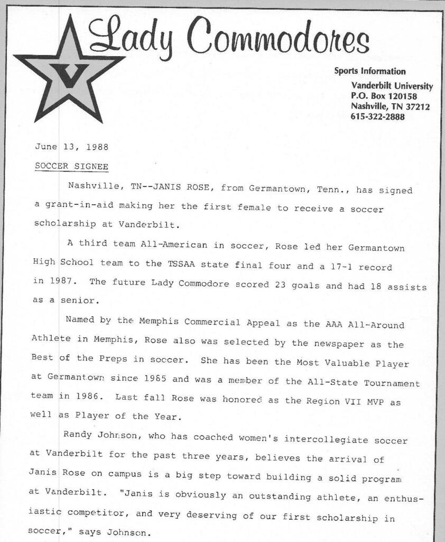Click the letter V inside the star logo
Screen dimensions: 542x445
coord(69,76)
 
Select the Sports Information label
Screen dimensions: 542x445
coord(370,71)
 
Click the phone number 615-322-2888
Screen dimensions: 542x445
coord(378,117)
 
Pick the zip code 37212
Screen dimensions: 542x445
coord(417,107)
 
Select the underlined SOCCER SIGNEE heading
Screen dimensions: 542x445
coord(71,166)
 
